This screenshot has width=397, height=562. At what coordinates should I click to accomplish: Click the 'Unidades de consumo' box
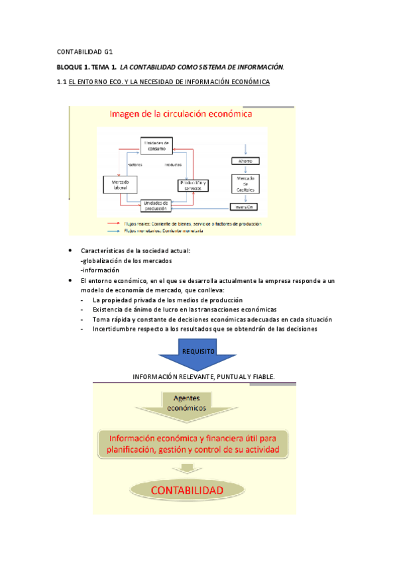[x=157, y=145]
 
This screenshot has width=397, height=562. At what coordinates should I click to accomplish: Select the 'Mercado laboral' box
[x=121, y=184]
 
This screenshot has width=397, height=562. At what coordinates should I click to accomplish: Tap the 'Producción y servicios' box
[x=193, y=186]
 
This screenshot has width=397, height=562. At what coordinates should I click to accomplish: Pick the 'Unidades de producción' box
[x=157, y=205]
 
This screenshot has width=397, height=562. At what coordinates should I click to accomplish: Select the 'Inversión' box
[x=247, y=207]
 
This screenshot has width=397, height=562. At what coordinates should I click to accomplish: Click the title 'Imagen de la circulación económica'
[x=180, y=114]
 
